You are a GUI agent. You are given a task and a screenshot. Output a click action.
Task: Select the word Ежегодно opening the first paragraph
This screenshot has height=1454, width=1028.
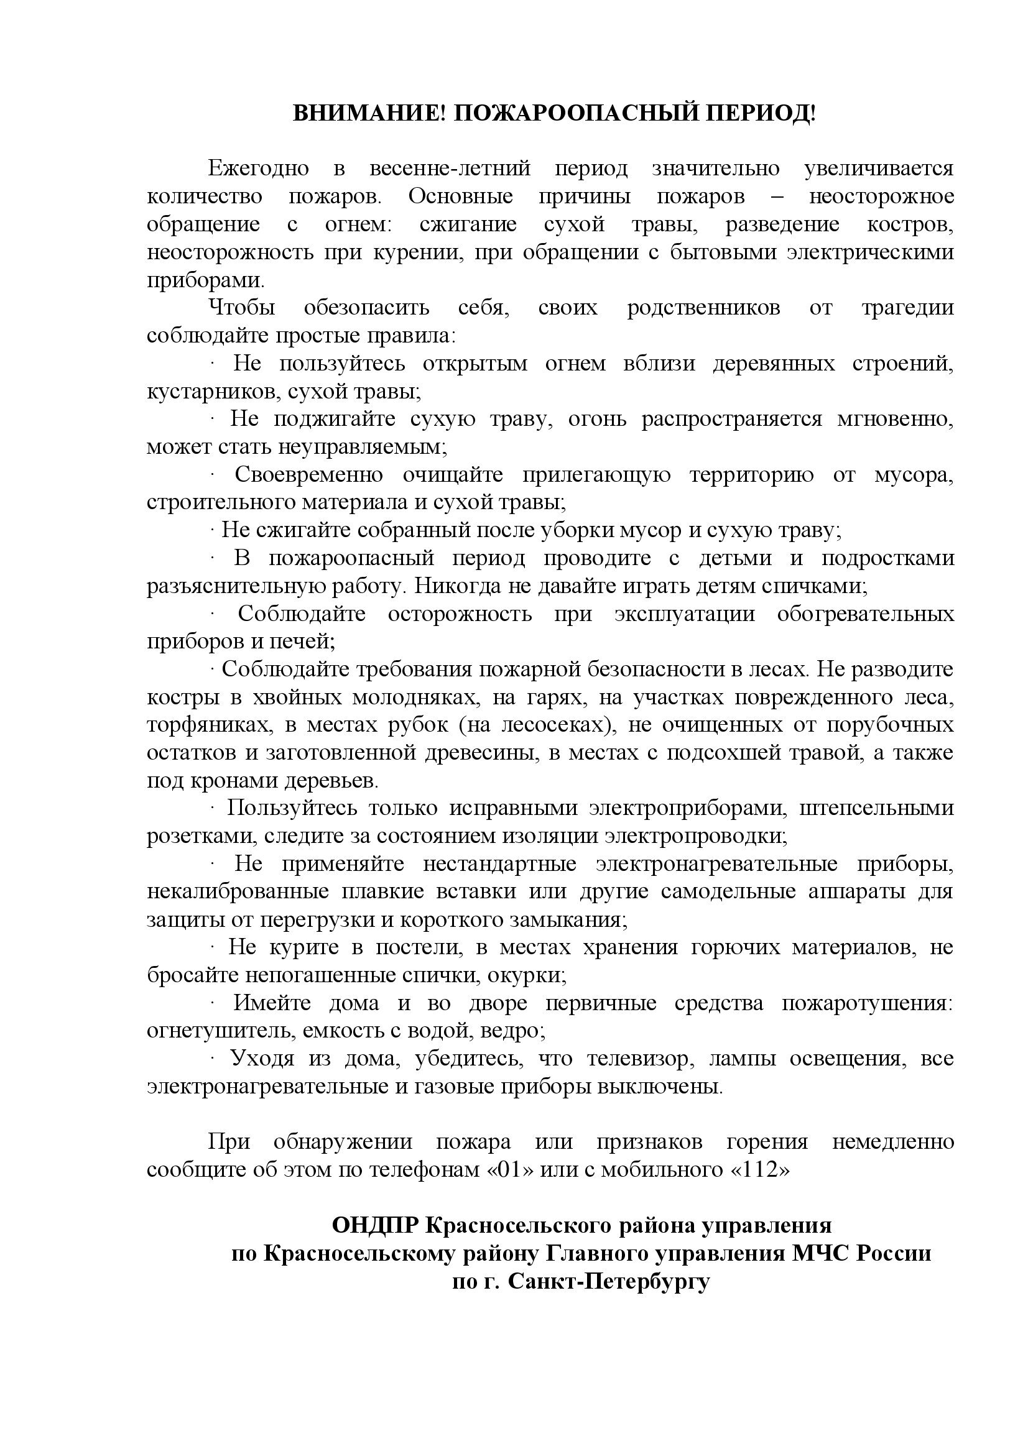(x=259, y=169)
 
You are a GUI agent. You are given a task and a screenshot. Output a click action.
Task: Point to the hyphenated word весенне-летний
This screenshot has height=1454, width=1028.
(x=450, y=169)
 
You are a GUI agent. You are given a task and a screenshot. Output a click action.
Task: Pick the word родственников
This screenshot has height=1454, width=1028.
(x=703, y=308)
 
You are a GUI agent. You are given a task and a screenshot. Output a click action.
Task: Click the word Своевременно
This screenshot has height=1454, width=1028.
(x=308, y=475)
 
